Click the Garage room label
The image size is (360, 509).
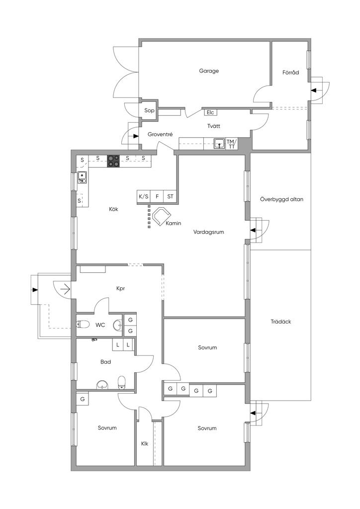(x=209, y=71)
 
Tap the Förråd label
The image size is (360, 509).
(x=290, y=72)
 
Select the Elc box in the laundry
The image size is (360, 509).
(x=210, y=112)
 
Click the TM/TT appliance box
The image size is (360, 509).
(x=232, y=144)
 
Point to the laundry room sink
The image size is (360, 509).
(x=219, y=144)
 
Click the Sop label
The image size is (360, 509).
(x=149, y=110)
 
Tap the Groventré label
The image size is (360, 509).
(x=160, y=134)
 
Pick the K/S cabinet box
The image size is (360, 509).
(x=143, y=196)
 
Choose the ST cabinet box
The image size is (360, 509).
(x=171, y=196)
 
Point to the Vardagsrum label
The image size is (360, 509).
(x=208, y=231)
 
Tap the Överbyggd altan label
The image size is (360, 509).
(x=281, y=199)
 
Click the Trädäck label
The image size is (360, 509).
(x=281, y=322)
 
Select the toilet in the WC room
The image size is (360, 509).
(x=83, y=325)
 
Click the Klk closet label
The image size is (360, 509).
(x=145, y=443)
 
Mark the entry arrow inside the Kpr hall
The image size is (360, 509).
(x=65, y=288)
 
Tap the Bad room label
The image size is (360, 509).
(x=105, y=362)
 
